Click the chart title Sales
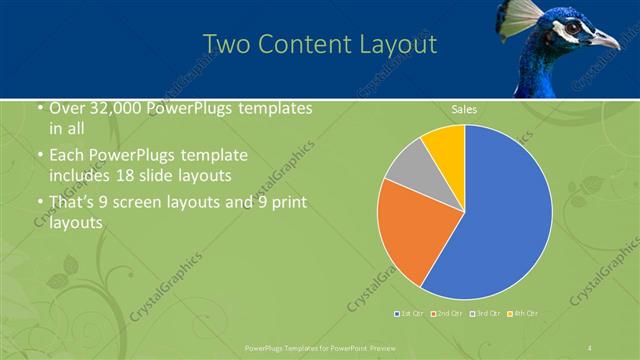pos(464,109)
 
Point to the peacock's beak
pos(606,40)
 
